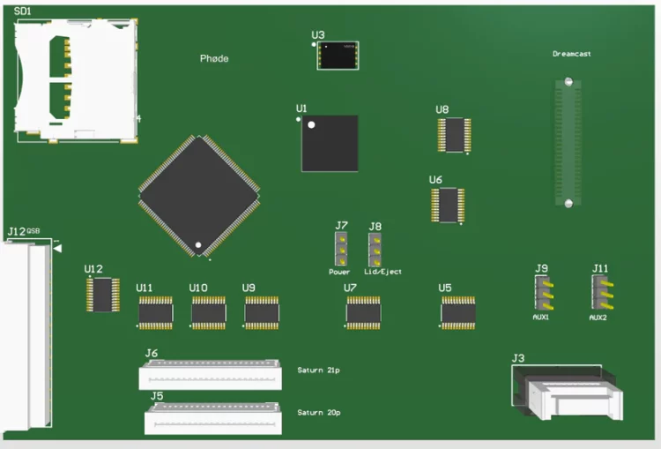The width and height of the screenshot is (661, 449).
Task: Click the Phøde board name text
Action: tap(214, 58)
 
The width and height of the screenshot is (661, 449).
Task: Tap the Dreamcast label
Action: tap(571, 54)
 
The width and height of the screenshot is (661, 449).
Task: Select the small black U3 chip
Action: tap(338, 56)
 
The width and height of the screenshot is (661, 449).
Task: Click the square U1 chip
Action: tap(330, 142)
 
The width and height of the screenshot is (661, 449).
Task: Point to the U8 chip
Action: tap(454, 135)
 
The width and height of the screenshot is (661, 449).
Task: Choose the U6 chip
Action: tap(448, 205)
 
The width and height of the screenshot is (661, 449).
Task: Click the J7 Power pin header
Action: tap(340, 250)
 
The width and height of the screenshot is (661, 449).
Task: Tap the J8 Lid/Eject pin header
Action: tap(375, 250)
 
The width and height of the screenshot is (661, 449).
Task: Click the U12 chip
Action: tap(103, 295)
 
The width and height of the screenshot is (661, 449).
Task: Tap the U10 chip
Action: tap(209, 312)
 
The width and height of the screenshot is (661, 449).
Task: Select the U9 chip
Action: tap(262, 312)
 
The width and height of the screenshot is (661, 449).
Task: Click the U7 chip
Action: tap(363, 312)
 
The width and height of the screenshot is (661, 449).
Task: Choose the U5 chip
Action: tap(458, 312)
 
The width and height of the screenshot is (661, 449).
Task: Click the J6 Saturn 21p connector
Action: tap(210, 376)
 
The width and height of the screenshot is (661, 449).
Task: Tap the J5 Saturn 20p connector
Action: tap(214, 419)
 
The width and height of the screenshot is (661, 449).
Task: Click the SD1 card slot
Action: tap(75, 80)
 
